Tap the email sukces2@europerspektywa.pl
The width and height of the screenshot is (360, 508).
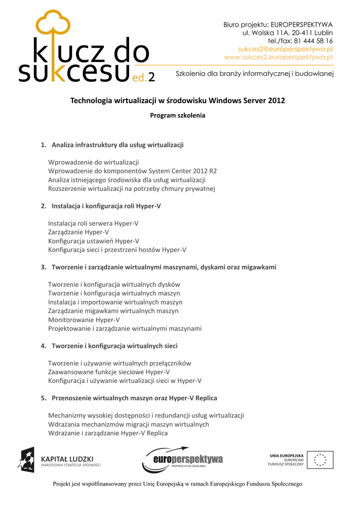(x=285, y=49)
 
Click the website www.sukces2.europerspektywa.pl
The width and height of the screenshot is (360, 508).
(x=278, y=57)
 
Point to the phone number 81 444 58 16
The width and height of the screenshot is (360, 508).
(x=313, y=41)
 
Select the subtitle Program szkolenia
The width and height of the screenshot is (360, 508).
(x=177, y=116)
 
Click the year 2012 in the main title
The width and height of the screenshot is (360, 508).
(x=277, y=101)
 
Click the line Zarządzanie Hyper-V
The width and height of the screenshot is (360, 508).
(x=78, y=232)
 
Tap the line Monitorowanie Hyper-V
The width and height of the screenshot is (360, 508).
(x=84, y=319)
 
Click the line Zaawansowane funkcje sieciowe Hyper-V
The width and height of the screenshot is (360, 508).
(x=109, y=372)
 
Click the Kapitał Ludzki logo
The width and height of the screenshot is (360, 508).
(x=59, y=460)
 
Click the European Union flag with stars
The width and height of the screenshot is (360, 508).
(x=320, y=460)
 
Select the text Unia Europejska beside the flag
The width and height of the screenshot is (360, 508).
(x=287, y=455)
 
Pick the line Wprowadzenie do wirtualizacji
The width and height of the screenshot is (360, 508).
(x=93, y=162)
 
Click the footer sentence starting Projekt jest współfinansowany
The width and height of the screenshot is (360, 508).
(x=177, y=484)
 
